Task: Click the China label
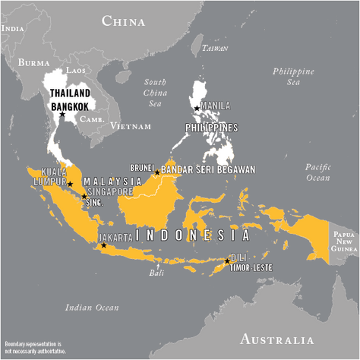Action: click(123, 21)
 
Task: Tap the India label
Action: click(13, 27)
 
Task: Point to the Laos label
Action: click(76, 70)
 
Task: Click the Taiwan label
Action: click(216, 49)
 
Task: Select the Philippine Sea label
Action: click(293, 77)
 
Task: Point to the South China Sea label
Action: click(155, 92)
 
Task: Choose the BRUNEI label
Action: click(143, 168)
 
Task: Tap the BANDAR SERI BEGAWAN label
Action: click(208, 169)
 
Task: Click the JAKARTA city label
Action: click(115, 238)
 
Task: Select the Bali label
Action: click(156, 273)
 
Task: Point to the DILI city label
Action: click(238, 257)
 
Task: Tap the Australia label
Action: click(276, 339)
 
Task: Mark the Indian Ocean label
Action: click(92, 308)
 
